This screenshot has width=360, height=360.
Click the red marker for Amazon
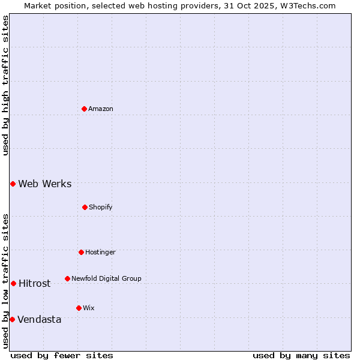coord(84,109)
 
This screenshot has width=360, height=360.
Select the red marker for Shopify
coord(85,207)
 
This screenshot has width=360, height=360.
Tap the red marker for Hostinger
coord(81,252)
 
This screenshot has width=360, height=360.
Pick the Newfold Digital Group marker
coord(67,278)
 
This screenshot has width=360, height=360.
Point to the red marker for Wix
coord(79,308)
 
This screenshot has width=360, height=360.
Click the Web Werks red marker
coord(13,184)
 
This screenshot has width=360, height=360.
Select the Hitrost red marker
coord(13,283)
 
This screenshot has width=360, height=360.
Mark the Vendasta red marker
coord(12,319)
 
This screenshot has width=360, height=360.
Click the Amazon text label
coord(101,109)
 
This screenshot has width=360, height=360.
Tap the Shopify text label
coord(101,207)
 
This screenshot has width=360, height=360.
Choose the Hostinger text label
coord(100,252)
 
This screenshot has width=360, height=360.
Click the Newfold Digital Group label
coord(106,278)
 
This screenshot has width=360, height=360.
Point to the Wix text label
coord(89,308)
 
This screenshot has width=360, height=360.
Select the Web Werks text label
coord(45,184)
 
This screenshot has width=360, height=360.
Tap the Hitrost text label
coord(35,283)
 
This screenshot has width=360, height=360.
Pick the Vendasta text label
coord(40,319)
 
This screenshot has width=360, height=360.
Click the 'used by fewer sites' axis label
coord(62,355)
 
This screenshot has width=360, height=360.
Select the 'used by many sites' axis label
coord(301,355)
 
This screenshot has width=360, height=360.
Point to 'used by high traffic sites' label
coord(5,85)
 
